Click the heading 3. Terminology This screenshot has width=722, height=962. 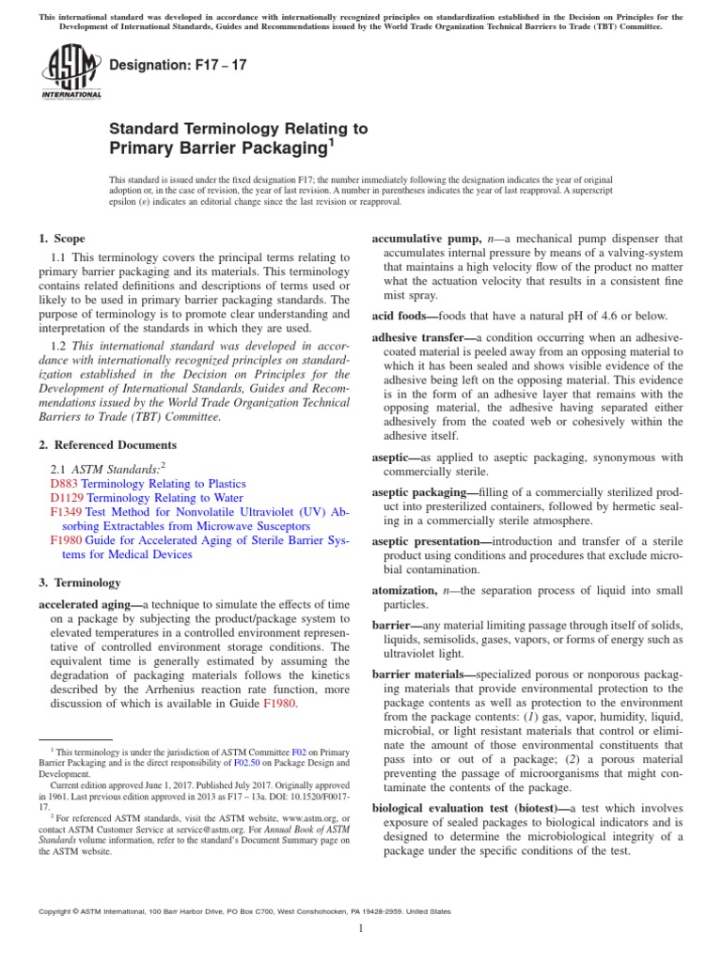click(x=79, y=582)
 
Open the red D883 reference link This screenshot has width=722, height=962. click(x=64, y=482)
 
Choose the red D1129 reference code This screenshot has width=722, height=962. click(x=67, y=498)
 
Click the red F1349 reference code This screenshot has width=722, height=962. click(x=66, y=513)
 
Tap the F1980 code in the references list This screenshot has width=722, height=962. click(x=66, y=539)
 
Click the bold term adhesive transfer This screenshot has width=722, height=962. click(x=422, y=336)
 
